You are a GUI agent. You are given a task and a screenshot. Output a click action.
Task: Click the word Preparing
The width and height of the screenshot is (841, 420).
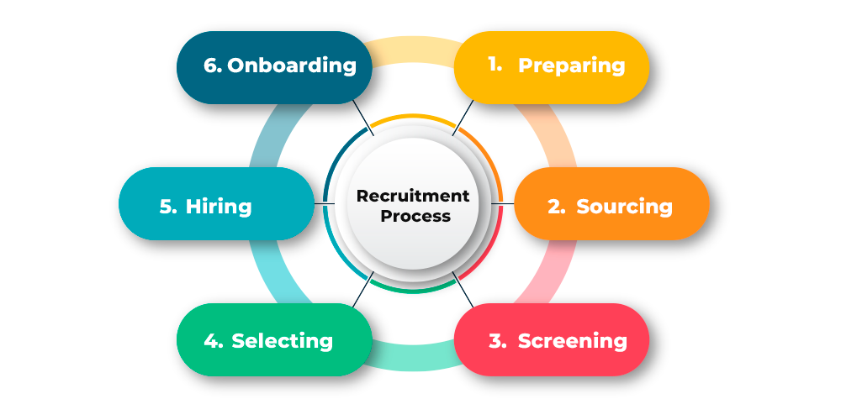pos(571,66)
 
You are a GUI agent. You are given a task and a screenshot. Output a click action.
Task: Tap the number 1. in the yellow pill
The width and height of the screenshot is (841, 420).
pos(495,64)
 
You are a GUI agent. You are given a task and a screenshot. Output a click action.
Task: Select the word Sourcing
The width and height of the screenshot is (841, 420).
pos(624,206)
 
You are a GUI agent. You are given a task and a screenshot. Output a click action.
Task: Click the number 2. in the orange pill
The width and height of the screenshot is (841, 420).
pos(556,206)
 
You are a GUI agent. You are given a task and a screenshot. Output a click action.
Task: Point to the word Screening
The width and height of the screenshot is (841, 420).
pos(572,341)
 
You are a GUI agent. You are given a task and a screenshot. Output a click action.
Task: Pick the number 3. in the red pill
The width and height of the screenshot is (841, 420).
pos(497,341)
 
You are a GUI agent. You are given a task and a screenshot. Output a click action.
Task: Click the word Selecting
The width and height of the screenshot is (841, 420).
pos(282,341)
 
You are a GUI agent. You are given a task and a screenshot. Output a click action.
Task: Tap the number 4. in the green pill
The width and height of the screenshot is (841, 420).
pos(213,341)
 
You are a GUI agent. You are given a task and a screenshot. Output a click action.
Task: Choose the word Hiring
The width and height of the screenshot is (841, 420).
pos(219,206)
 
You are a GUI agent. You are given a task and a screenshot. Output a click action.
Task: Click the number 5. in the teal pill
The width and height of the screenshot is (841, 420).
pos(168,206)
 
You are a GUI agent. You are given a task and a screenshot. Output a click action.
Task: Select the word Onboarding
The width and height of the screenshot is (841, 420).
pos(292,66)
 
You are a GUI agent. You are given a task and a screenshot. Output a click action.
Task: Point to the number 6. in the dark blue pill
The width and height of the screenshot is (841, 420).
pos(213,66)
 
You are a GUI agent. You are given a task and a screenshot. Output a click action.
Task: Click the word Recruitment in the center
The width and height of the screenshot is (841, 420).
pos(413,196)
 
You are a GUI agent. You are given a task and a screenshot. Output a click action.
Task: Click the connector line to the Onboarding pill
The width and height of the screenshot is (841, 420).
pos(362,118)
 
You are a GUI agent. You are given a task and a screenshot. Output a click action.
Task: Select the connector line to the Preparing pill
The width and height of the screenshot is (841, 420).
pos(463,118)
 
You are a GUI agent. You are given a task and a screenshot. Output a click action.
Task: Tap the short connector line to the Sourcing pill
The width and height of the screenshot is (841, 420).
pos(507,203)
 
